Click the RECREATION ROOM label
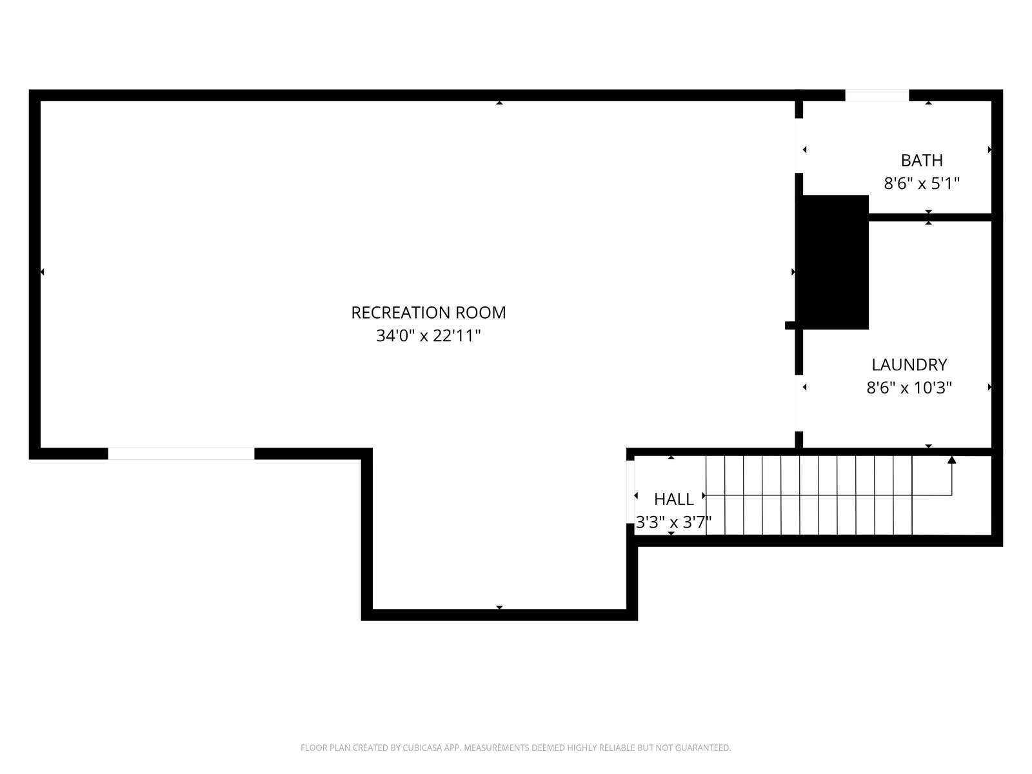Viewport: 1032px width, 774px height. coord(428,313)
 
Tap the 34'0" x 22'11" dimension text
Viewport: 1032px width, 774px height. coord(428,335)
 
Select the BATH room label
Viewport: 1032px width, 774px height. coord(922,160)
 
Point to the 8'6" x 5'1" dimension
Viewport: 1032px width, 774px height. coord(922,183)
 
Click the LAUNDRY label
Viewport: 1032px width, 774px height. coord(909,364)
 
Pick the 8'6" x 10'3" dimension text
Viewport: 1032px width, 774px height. coord(909,388)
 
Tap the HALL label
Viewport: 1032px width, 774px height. coord(674,499)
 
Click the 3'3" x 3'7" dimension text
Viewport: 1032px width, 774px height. coord(674,522)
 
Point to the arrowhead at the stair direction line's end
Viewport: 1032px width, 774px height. coord(951,459)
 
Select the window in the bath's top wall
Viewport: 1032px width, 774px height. coord(877,95)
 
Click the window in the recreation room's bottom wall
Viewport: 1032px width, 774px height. coord(181,453)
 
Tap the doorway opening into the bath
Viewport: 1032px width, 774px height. coord(799,146)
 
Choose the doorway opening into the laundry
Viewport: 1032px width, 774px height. coord(799,403)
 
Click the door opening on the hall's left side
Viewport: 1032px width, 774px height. coord(630,491)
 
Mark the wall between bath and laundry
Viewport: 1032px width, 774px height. coord(930,217)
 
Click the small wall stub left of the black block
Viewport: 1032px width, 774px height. coord(790,325)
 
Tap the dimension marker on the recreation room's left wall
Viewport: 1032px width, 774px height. coord(43,272)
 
